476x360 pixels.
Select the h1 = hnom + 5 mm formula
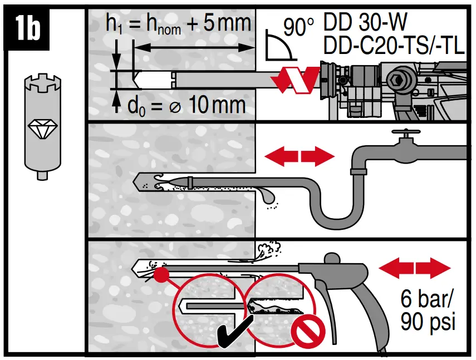coord(178,24)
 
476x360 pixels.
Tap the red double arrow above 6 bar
coord(415,269)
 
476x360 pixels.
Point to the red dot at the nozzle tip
coord(162,274)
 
